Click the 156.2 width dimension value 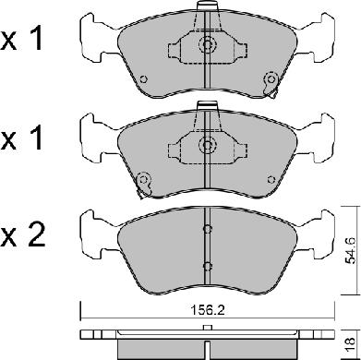(207, 310)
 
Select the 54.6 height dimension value (351, 250)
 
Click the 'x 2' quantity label (22, 237)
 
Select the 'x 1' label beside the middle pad (21, 138)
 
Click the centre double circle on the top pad (207, 45)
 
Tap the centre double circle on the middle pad (207, 144)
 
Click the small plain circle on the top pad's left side (143, 79)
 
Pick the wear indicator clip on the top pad (271, 84)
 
